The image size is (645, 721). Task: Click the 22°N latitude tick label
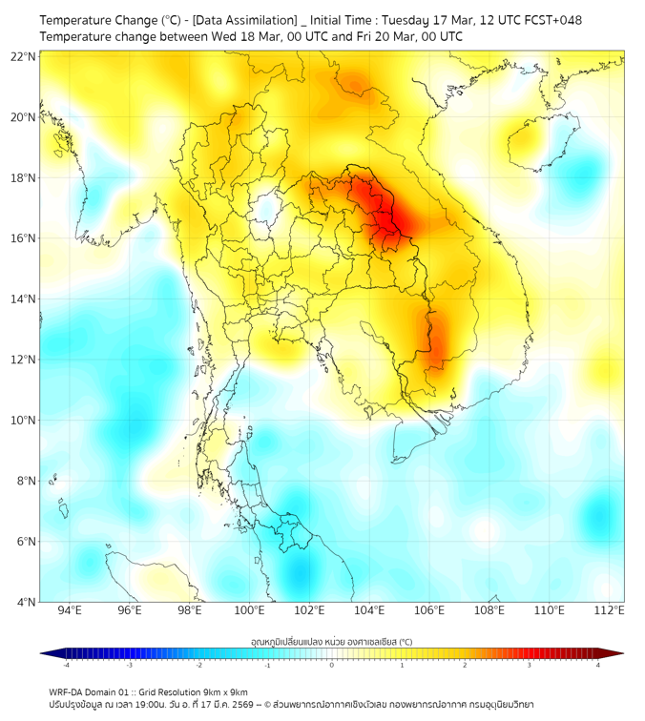click(x=24, y=56)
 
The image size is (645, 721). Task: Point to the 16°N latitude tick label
click(x=24, y=238)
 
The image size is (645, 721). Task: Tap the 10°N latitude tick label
click(x=24, y=421)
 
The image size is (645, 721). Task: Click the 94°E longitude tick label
click(x=70, y=611)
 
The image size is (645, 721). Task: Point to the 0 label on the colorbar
click(x=332, y=665)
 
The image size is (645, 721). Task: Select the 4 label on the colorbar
click(x=598, y=665)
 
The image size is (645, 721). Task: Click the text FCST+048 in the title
click(x=553, y=20)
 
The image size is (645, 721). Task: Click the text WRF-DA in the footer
click(x=67, y=691)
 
